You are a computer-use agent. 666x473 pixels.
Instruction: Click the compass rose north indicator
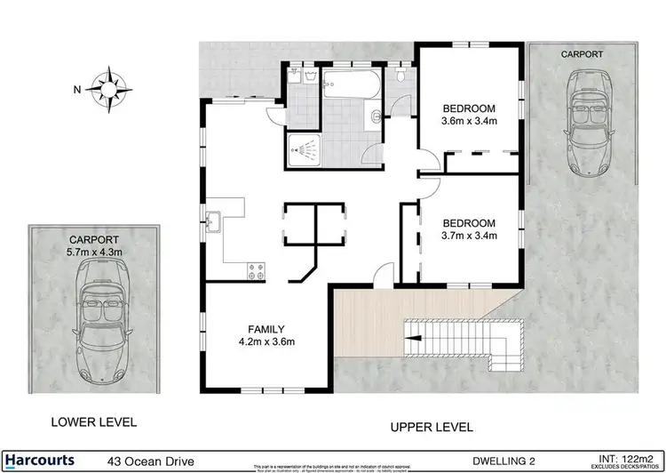[110, 89]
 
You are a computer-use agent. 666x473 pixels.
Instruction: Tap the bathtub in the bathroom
[352, 87]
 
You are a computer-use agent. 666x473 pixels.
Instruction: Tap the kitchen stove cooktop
[258, 270]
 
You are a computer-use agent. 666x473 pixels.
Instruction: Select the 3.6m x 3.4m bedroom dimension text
[469, 122]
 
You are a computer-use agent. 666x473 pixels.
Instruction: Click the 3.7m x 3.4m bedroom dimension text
[469, 236]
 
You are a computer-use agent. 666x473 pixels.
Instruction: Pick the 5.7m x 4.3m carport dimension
[94, 252]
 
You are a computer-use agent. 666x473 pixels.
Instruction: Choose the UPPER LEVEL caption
[432, 427]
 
